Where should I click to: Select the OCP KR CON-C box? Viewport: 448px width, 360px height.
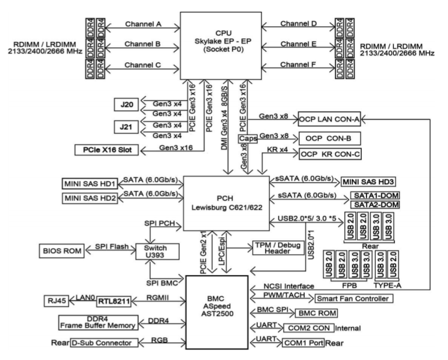click(329, 155)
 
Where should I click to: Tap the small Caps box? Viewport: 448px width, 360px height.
click(248, 140)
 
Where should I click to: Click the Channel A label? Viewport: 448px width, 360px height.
click(142, 24)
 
